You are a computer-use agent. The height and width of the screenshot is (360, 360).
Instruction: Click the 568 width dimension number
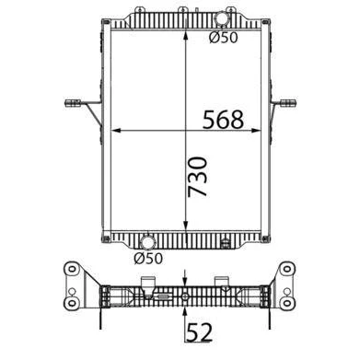click(223, 120)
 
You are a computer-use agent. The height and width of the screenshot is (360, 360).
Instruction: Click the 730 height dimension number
click(198, 177)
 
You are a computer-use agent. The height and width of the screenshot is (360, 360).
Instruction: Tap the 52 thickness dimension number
click(200, 332)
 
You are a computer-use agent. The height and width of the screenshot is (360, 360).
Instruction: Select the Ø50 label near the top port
click(224, 38)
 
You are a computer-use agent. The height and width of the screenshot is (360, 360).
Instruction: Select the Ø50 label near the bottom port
click(148, 259)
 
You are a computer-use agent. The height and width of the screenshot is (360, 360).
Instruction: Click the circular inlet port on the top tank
click(221, 18)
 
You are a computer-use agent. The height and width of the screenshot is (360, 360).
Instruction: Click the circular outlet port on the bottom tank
click(147, 243)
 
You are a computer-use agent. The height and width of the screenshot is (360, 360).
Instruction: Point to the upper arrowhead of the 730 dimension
click(186, 35)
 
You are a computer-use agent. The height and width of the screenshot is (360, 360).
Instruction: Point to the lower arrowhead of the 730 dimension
click(186, 226)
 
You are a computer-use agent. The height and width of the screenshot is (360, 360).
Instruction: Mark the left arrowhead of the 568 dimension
click(115, 131)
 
